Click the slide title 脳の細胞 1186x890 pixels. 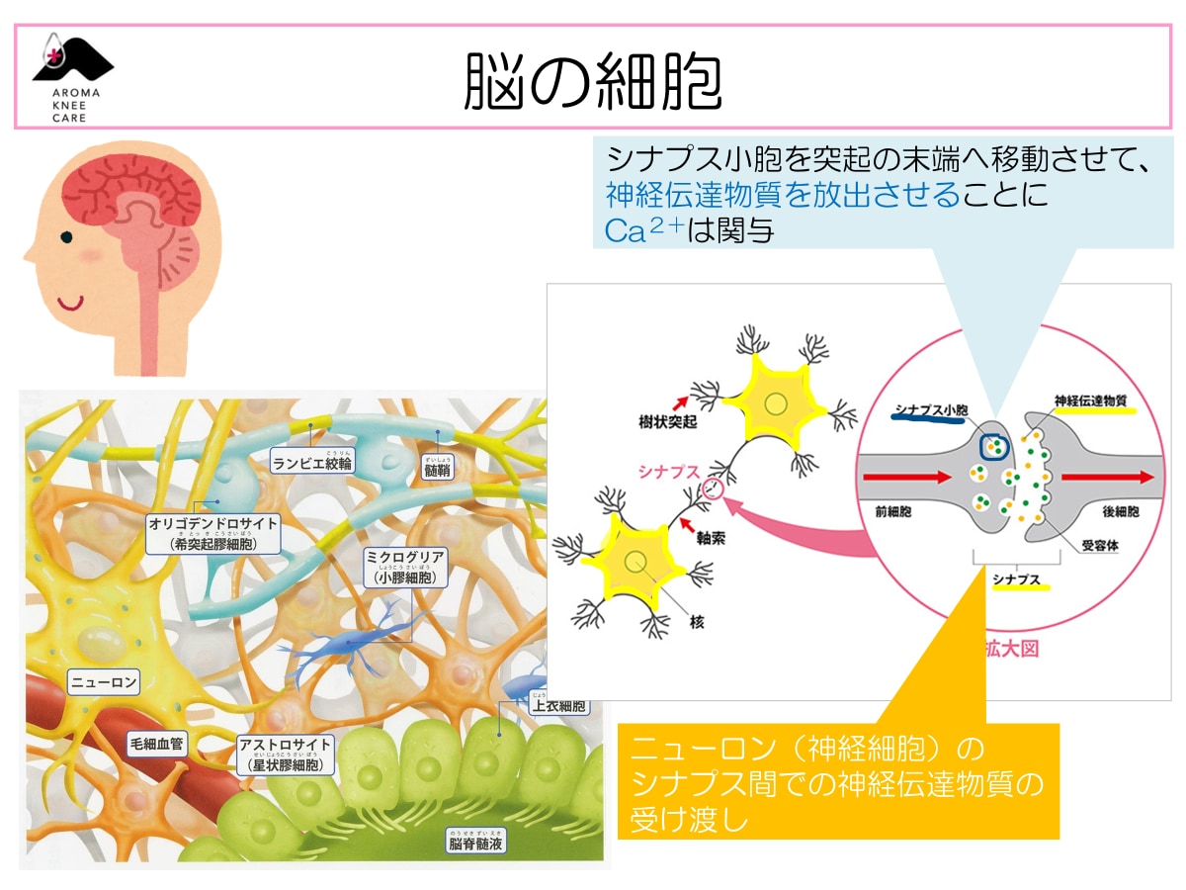593,80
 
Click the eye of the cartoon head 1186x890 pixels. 66,237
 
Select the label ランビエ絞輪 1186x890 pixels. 311,462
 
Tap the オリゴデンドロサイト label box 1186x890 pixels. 212,532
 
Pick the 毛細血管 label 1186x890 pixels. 156,742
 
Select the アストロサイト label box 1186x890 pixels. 286,753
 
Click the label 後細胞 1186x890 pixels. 1120,512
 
